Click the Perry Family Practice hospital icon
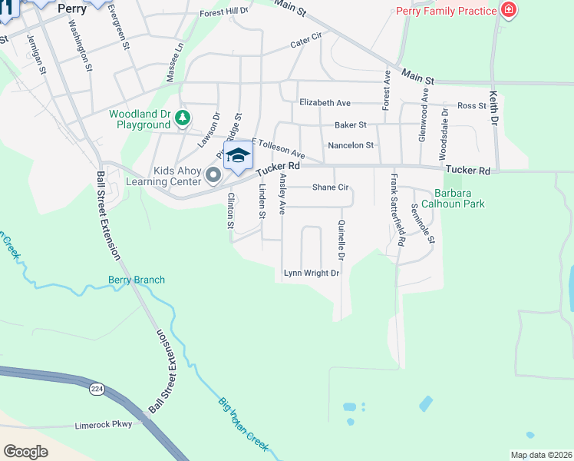click(507, 10)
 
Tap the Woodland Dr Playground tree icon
click(182, 118)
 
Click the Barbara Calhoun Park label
click(459, 199)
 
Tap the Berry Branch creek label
click(137, 280)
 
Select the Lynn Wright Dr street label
click(311, 273)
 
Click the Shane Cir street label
click(331, 187)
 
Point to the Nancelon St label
click(350, 145)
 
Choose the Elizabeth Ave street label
click(325, 103)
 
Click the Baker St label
click(351, 124)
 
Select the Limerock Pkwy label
click(103, 424)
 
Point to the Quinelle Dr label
click(341, 239)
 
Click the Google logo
click(25, 451)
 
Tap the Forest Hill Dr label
click(224, 12)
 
